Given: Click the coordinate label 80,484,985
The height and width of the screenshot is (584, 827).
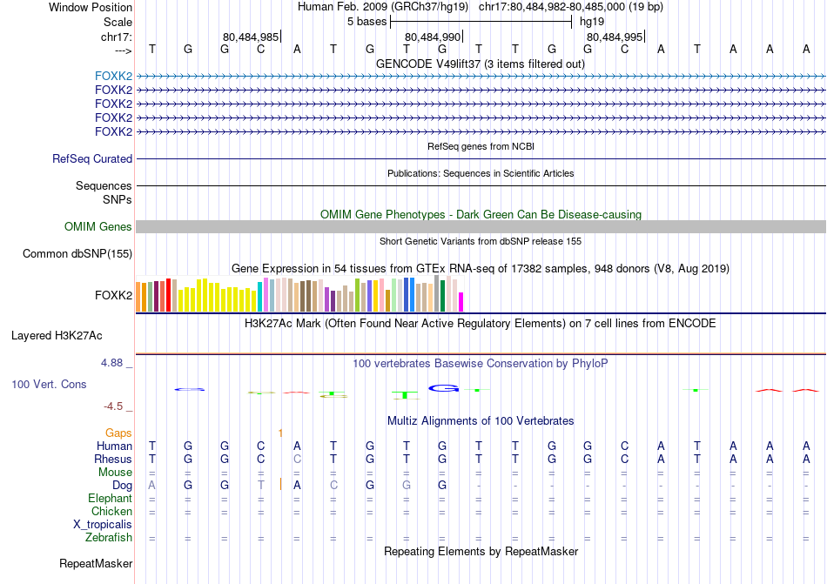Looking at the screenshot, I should click(251, 37).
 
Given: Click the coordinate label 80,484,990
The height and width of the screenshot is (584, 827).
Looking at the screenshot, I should click(433, 37).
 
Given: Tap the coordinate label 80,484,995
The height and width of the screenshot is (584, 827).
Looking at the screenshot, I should click(615, 37).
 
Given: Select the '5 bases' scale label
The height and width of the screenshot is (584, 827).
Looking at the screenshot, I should click(366, 21).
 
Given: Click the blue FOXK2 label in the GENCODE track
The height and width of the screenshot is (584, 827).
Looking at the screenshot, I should click(113, 76).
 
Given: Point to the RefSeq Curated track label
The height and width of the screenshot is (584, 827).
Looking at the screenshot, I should click(92, 159).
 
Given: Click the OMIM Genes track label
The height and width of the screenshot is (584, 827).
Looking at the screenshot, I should click(98, 227).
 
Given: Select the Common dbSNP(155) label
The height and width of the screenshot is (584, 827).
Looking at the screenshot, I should click(77, 254).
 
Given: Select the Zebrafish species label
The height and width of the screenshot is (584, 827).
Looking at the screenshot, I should click(109, 538).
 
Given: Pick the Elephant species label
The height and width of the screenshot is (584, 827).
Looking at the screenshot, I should click(110, 499).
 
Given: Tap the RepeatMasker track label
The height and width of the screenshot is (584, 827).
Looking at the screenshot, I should click(95, 564).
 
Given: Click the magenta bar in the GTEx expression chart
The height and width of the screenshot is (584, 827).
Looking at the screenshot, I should click(461, 301).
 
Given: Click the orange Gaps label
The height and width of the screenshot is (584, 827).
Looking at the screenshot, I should click(118, 433).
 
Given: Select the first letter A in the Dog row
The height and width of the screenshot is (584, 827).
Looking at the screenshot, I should click(152, 485).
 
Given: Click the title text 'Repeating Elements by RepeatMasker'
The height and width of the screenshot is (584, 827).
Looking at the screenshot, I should click(481, 552).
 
